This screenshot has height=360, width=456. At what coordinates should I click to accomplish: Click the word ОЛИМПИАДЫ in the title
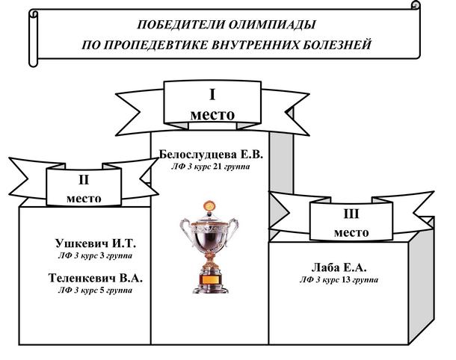272,25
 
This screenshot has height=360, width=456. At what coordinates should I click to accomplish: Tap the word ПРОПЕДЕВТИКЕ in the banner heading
158,45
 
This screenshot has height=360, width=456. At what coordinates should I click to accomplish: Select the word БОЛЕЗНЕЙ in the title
338,45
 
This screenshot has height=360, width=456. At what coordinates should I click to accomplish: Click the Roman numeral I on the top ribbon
212,95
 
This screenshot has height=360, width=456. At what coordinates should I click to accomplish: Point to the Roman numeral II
84,180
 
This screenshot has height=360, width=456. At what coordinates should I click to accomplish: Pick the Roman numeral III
351,214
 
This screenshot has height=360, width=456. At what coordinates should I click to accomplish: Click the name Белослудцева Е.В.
211,155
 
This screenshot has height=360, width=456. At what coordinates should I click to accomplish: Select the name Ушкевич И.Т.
96,243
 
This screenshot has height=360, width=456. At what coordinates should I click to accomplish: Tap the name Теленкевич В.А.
96,278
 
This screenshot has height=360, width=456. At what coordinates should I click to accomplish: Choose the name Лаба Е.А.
339,267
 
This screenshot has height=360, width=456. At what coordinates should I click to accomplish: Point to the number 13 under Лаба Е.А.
346,280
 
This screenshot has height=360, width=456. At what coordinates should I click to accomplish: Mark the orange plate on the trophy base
210,279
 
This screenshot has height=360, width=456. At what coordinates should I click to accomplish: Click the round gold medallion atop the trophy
209,206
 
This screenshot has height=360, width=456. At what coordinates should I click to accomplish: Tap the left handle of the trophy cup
185,229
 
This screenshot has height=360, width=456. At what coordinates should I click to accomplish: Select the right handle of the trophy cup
233,229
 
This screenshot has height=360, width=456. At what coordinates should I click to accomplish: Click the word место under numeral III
351,233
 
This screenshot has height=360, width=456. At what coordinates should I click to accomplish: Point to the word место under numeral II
84,199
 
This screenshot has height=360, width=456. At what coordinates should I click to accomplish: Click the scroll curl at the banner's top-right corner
416,5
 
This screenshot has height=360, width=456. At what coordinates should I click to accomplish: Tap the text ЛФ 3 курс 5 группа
95,291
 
